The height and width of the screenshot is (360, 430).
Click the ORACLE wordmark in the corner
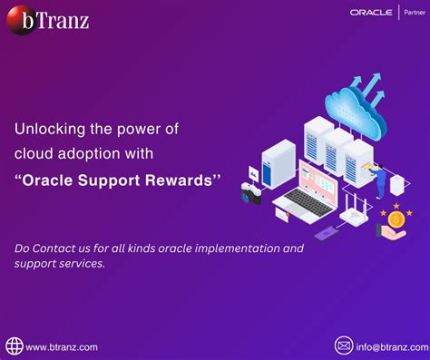coord(370,13)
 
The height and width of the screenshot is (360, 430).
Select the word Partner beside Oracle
coord(414,13)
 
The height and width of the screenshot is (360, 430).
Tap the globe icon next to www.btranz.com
coord(14,345)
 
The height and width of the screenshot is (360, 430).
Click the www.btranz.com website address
coord(62,346)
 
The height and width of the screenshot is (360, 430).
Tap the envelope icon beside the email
coord(344,345)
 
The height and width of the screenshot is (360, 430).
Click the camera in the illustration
coord(251,192)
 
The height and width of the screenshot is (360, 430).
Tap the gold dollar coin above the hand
coord(396,220)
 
